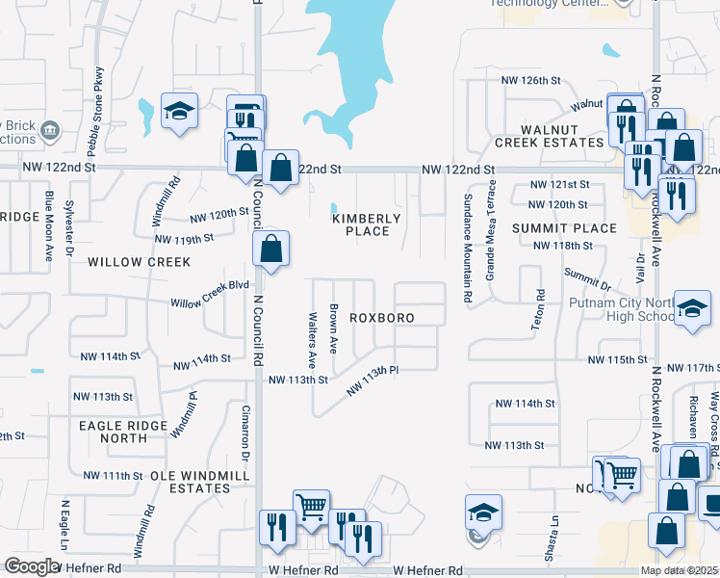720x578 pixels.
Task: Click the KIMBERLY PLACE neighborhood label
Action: coord(367,224)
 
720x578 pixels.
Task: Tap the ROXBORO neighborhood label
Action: coord(382,317)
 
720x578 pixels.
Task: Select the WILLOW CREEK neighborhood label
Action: coord(139,262)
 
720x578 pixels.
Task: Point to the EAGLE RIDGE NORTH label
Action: coord(114,432)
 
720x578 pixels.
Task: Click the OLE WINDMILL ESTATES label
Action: coord(190,482)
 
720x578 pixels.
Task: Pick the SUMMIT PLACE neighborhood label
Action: coord(564,228)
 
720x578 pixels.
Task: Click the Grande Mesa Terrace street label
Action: coord(490,236)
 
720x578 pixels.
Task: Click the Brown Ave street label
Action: coord(334,328)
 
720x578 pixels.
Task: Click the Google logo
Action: coord(32,566)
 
